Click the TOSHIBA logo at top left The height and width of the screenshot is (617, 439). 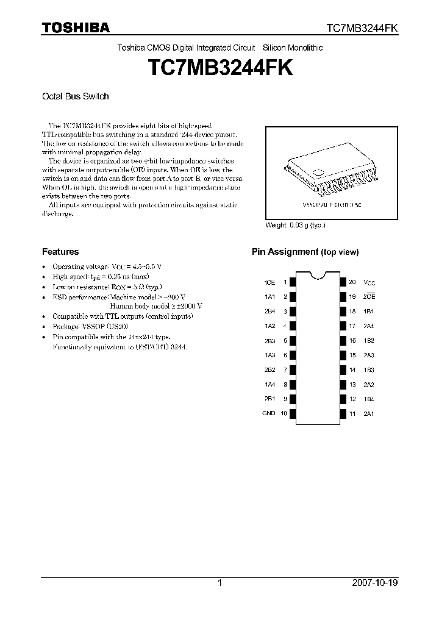coord(76,27)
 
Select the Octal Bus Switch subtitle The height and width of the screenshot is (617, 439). coord(75,96)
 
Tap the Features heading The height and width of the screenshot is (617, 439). coord(60,251)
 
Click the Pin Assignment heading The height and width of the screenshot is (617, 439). coord(305,252)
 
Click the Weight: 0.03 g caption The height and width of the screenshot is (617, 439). coord(295,225)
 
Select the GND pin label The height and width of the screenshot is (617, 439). coord(269,413)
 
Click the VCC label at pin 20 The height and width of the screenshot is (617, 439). coord(369,282)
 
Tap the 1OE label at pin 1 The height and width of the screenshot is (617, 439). coord(269,282)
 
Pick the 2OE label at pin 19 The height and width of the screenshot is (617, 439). coord(369,297)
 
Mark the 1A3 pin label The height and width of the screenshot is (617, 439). coord(269,355)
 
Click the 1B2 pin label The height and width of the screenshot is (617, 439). coord(369,341)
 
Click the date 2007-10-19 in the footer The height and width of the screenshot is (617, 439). coord(375,583)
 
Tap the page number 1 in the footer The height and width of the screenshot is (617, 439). coord(220,583)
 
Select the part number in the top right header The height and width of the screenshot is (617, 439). coord(362,28)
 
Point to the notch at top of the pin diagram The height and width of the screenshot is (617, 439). coord(316,275)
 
